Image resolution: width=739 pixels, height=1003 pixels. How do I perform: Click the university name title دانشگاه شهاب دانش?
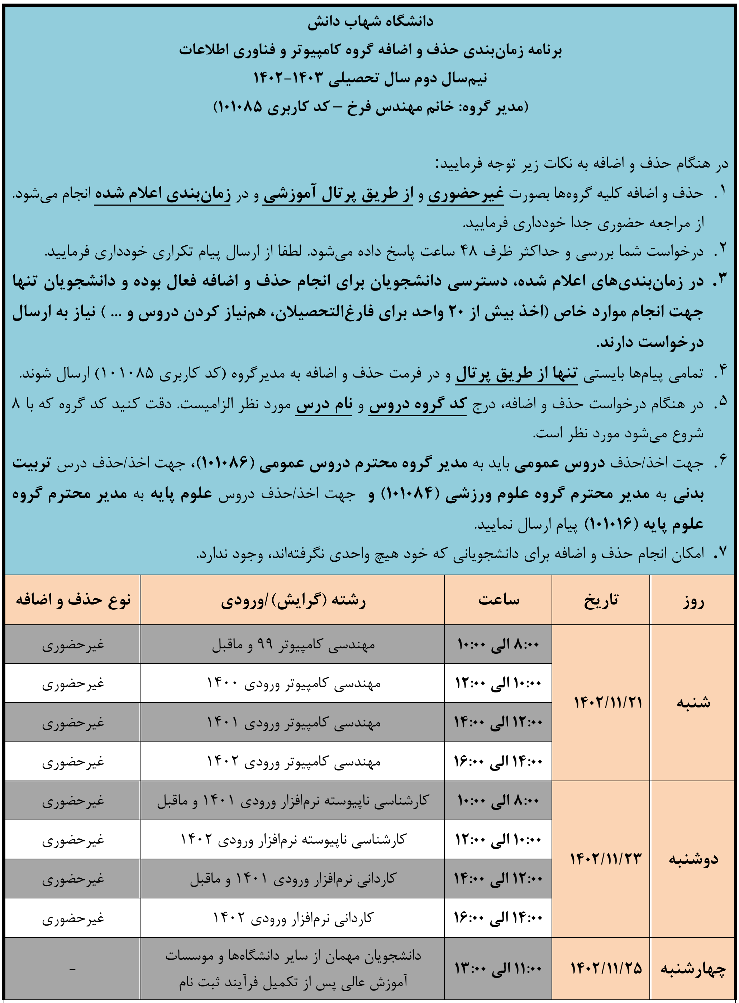pos(370,21)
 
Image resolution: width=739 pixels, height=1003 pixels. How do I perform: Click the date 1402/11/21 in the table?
pos(607,702)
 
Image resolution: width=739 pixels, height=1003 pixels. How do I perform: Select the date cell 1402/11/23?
pos(606,859)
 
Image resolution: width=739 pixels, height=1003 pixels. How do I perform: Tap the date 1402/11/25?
pos(606,969)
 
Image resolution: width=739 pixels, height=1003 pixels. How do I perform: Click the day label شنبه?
pos(693,702)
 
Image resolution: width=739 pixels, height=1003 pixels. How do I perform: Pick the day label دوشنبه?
pos(693,859)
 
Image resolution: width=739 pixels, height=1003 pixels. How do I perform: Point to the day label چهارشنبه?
pos(693,969)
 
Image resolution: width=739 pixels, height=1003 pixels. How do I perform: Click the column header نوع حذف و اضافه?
pos(73,600)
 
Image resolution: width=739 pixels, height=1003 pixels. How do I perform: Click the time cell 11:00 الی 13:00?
pos(498,969)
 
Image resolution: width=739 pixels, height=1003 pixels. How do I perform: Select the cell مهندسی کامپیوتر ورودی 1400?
pos(294,683)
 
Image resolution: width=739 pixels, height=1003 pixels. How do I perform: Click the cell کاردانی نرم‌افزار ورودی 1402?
pos(294,918)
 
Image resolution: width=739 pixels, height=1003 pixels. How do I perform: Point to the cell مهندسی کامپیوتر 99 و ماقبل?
pos(294,644)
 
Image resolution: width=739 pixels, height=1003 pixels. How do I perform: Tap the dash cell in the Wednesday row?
pos(72,969)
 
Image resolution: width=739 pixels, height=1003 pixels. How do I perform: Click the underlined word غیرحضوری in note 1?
pos(466,194)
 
